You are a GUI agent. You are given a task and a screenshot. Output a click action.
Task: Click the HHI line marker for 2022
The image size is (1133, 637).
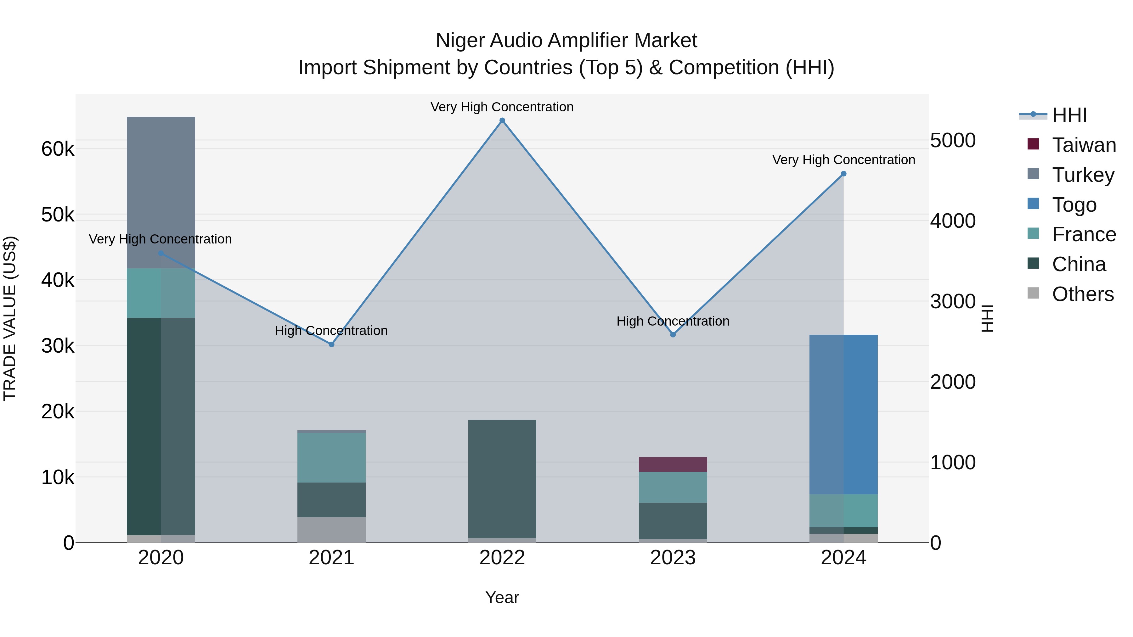[x=502, y=120]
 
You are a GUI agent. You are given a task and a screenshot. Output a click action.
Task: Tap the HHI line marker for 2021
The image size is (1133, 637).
[x=332, y=344]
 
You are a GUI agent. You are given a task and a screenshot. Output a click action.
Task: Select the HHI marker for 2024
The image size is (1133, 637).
[x=843, y=174]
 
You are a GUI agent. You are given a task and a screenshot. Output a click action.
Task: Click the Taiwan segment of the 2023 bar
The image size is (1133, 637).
[x=673, y=464]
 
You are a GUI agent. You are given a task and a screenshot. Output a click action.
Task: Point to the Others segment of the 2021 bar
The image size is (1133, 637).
[x=332, y=529]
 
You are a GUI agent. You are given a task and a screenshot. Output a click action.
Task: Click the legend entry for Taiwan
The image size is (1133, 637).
[x=1083, y=145]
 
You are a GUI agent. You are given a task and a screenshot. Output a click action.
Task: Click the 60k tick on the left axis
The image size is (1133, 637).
[x=58, y=149]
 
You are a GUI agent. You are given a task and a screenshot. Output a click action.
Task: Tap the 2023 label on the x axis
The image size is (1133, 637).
[x=673, y=558]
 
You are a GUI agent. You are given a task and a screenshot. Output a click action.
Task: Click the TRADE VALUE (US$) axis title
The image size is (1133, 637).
[x=10, y=318]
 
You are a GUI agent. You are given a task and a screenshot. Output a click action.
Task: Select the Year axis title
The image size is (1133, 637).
[x=502, y=597]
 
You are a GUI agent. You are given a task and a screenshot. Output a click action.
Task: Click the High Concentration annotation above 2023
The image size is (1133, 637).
[x=673, y=321]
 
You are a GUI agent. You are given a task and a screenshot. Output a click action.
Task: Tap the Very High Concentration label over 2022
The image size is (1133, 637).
[x=502, y=107]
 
